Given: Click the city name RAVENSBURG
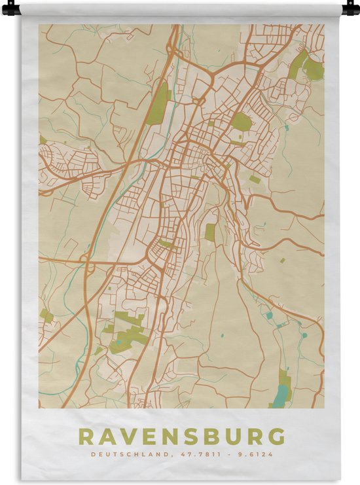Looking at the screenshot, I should [181, 436].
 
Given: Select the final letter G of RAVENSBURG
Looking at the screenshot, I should [277, 436].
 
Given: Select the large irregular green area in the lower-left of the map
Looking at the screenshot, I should [128, 331].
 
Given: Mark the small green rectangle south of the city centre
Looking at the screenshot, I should [210, 232].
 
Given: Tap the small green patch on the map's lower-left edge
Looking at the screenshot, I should [47, 317].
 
